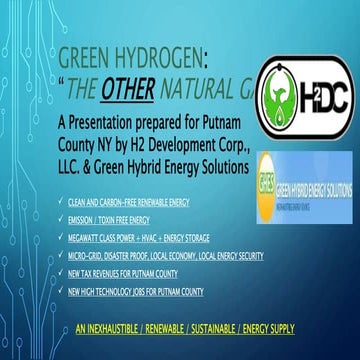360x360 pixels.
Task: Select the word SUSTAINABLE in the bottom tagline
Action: point(219,301)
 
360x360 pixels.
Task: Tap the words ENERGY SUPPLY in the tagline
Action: point(280,301)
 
